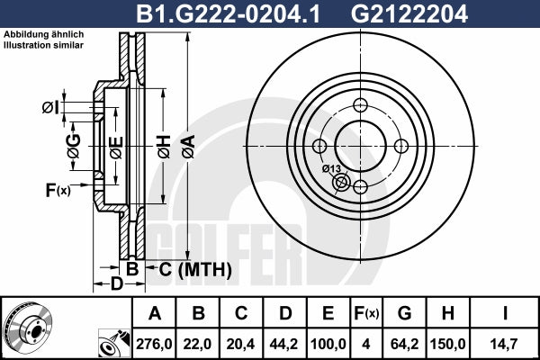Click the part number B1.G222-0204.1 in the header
228,13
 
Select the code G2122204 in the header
409,13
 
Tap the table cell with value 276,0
154,344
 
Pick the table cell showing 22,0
198,344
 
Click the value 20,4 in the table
240,344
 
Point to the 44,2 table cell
284,344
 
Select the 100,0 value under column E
328,344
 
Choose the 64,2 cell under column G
405,344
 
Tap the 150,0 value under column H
448,344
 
